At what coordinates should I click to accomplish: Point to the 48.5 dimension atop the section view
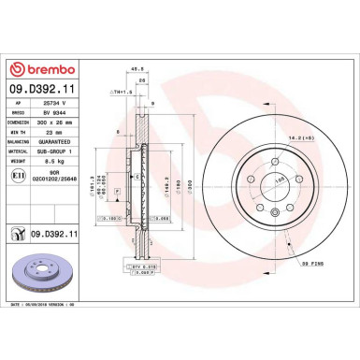click(x=137, y=68)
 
